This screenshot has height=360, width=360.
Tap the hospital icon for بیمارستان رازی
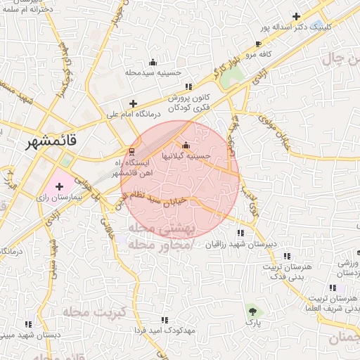click(x=59, y=187)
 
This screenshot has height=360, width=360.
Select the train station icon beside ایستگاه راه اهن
click(x=131, y=152)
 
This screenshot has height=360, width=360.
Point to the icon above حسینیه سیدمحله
click(x=153, y=62)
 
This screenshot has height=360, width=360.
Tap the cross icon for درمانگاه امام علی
click(x=133, y=103)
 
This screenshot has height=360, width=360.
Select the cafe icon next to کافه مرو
click(x=258, y=44)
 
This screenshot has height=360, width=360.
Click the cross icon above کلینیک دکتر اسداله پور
click(x=296, y=16)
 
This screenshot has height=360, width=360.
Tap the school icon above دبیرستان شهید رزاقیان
click(x=240, y=233)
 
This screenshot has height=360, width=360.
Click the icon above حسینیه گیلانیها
click(x=186, y=145)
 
